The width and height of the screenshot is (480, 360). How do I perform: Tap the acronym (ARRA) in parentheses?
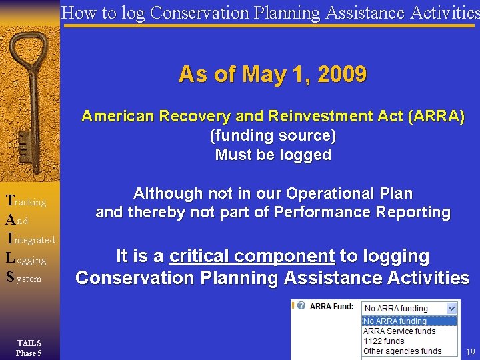click(435, 117)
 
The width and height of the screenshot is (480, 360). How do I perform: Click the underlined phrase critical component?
click(251, 256)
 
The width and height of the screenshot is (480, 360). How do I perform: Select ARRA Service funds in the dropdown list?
click(399, 331)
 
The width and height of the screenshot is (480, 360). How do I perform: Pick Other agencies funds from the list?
click(402, 351)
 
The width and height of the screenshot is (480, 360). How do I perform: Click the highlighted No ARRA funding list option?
click(395, 321)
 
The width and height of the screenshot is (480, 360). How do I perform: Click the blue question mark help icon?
click(302, 306)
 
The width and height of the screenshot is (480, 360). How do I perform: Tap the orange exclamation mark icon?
click(293, 306)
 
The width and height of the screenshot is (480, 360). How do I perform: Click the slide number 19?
click(471, 352)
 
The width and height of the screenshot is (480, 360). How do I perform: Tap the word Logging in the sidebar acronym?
click(26, 259)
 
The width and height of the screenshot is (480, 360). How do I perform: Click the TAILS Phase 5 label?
click(29, 348)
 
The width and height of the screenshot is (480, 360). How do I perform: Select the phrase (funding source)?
click(273, 136)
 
